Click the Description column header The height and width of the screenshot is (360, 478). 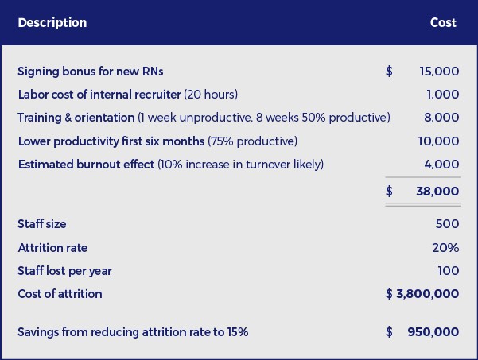point(52,23)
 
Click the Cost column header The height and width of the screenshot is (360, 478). point(443,22)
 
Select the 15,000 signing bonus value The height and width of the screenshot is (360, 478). point(439,72)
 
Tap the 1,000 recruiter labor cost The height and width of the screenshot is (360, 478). point(443,95)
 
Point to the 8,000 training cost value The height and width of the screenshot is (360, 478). point(441,118)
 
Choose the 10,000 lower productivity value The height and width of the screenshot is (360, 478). point(438,141)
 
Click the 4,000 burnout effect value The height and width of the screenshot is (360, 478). point(441,165)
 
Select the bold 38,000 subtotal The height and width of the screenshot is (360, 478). point(437,192)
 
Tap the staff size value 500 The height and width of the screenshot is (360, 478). point(447,224)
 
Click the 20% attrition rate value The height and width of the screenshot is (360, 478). point(445,248)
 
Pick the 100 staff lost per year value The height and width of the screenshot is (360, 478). point(449,271)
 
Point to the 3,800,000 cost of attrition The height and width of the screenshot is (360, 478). point(427,294)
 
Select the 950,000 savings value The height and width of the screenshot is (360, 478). point(433,332)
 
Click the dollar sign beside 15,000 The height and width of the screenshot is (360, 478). point(389,72)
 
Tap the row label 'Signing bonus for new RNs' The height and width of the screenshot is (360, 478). point(91,72)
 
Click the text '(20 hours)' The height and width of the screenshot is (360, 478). point(211,95)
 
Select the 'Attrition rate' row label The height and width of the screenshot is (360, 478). point(52,248)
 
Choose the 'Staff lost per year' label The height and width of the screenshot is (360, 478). point(65,271)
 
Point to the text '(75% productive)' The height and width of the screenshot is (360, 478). point(252,141)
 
